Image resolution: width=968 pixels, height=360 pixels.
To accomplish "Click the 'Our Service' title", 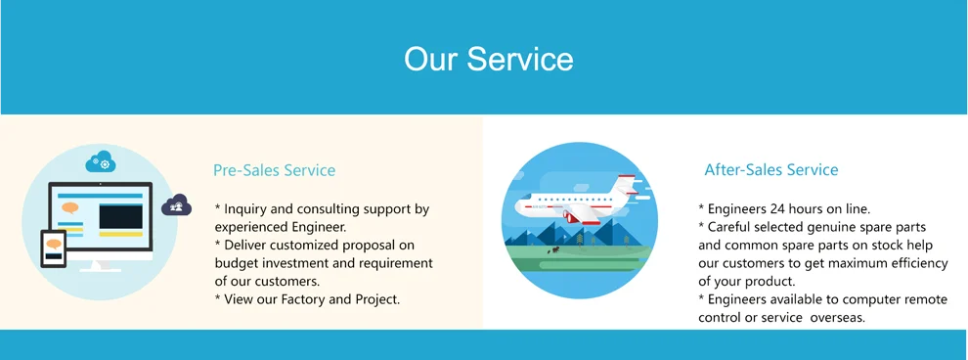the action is pos(488,59).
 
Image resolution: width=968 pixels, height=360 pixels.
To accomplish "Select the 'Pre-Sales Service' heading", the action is pos(274,170).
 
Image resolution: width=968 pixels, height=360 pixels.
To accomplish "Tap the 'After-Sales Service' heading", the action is pos(771,169).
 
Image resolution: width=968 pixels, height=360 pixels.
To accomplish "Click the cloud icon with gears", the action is pos(101,161).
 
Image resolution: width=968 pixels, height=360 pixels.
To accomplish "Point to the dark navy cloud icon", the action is pos(177,205).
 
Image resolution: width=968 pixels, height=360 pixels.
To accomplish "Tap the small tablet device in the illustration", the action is pos(53,248).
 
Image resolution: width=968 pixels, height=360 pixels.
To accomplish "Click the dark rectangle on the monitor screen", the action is pos(121,217).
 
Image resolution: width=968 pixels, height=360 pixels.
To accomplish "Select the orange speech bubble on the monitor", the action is pos(70,208).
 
